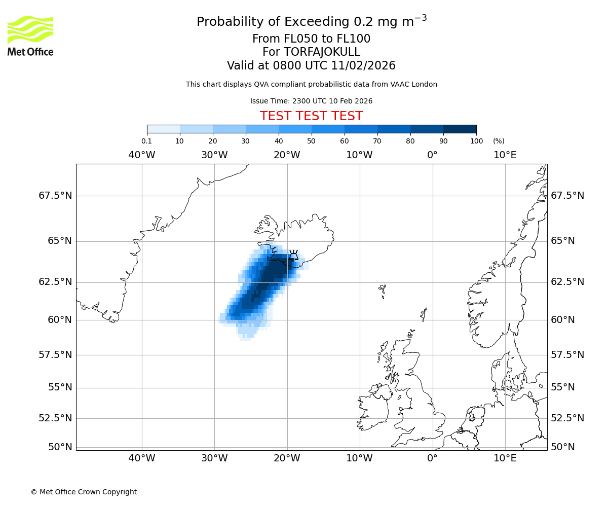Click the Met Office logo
pos(30,35)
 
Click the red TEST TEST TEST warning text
pos(311,116)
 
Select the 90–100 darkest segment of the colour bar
pos(460,129)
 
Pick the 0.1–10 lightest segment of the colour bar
pos(164,129)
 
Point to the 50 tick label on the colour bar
pos(311,141)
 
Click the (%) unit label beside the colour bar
pos(499,141)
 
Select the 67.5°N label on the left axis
pos(55,196)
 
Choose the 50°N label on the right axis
pos(562,447)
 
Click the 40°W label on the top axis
pos(142,155)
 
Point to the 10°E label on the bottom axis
pos(505,458)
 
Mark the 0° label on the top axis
pos(432,155)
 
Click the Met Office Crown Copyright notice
pos(84,492)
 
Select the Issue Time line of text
pos(311,101)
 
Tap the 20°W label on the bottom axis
pos(287,458)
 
